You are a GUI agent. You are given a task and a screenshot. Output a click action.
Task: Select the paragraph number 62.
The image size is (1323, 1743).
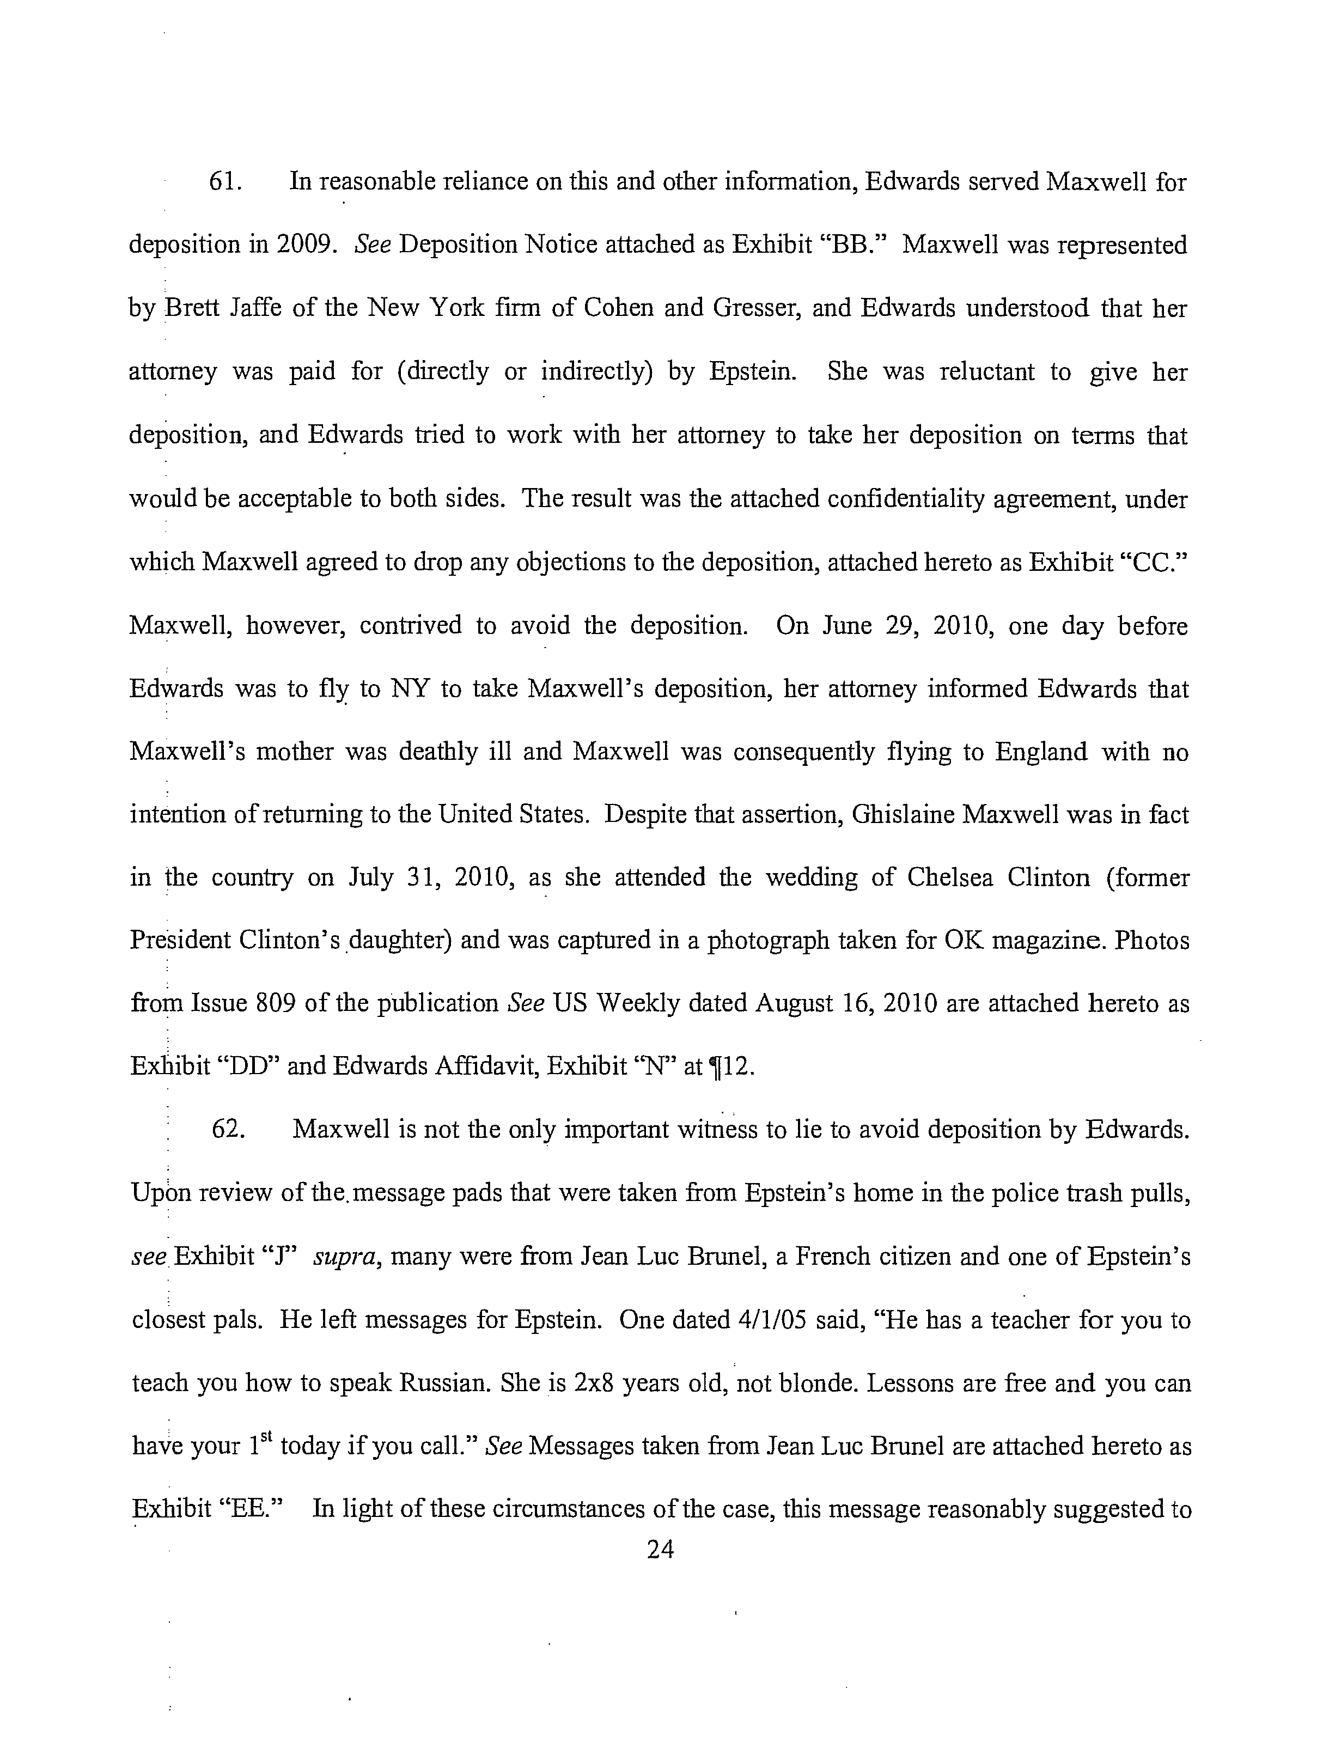(227, 1130)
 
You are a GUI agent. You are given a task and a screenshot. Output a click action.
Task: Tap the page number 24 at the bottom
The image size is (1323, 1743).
(660, 1550)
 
